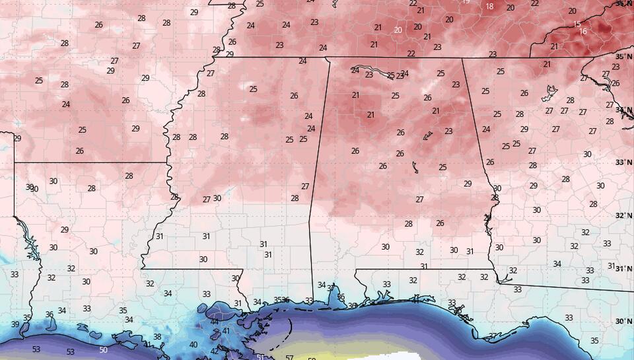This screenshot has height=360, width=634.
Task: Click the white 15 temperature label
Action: click(x=577, y=24)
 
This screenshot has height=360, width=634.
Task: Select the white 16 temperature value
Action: click(x=582, y=32)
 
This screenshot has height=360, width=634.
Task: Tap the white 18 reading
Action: click(x=489, y=7)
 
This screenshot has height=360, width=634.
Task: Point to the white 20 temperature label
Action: click(x=398, y=30)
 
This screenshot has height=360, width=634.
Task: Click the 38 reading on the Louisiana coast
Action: click(x=157, y=337)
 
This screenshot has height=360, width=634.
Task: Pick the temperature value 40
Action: click(x=193, y=344)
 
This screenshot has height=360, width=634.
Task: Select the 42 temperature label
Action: click(x=214, y=351)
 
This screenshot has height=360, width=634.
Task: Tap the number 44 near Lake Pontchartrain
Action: click(x=215, y=321)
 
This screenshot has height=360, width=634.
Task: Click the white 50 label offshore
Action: click(x=103, y=349)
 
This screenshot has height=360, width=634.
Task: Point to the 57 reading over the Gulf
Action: click(x=289, y=357)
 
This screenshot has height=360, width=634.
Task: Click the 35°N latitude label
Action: click(x=623, y=57)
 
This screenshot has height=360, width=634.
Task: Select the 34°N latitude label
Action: click(x=623, y=110)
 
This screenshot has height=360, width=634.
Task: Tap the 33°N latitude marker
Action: click(x=623, y=162)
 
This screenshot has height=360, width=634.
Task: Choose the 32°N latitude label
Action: click(x=623, y=215)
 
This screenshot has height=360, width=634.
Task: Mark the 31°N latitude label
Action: click(x=623, y=268)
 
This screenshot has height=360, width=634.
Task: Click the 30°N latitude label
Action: click(x=623, y=321)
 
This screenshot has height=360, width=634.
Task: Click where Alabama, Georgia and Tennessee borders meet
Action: click(x=462, y=58)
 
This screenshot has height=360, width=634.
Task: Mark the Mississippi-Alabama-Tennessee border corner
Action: click(x=328, y=57)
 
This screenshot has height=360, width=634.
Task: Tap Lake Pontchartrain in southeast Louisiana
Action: click(x=221, y=310)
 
